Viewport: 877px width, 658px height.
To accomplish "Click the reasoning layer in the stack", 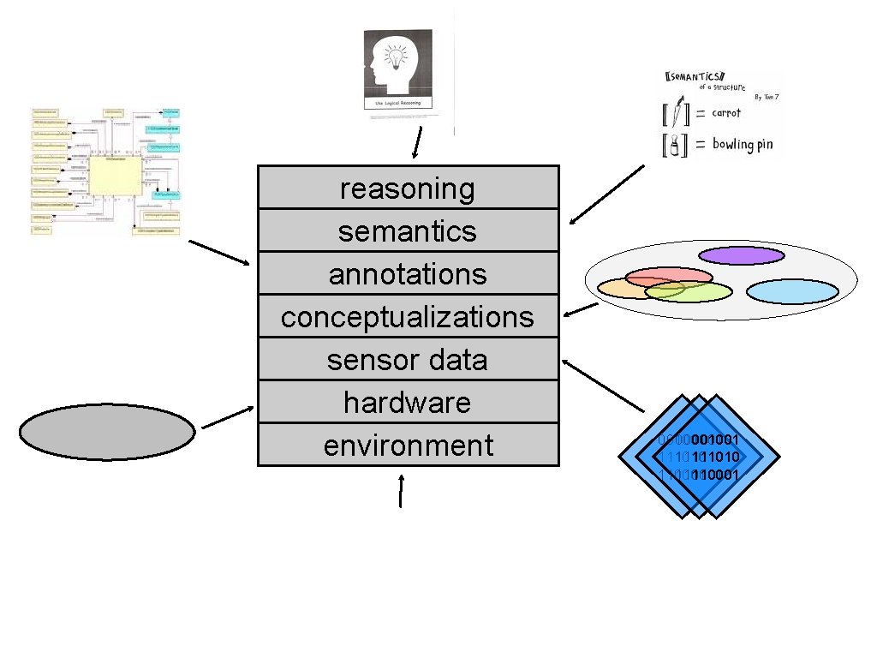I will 408,188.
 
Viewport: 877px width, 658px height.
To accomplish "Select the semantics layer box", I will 408,230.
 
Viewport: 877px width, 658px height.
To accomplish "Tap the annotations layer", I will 408,273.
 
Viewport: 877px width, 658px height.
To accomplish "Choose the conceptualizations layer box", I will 408,316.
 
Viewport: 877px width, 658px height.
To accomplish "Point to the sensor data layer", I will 408,359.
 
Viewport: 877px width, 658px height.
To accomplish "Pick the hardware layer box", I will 408,402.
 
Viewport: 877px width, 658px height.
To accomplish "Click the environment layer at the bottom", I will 408,445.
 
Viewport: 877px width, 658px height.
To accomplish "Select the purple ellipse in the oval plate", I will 740,255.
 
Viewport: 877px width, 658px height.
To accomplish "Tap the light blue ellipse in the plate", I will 791,291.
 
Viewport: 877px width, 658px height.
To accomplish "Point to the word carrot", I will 725,113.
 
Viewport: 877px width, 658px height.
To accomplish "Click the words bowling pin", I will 742,144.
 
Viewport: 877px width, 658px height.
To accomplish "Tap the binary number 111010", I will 716,457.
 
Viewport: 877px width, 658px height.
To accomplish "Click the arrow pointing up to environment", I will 400,492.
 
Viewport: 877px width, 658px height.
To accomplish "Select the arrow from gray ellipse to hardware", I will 226,416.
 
